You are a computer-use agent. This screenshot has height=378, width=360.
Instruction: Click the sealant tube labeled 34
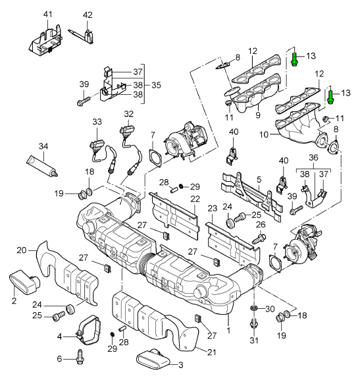42,167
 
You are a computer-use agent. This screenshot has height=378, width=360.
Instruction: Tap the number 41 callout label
47,14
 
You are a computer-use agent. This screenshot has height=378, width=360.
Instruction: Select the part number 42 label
88,15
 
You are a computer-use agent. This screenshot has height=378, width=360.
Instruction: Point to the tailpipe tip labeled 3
153,358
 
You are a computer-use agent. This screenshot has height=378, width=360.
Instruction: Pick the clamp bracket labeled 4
89,329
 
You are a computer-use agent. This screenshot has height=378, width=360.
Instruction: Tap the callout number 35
156,85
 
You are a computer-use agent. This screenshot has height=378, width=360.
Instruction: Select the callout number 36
313,157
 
